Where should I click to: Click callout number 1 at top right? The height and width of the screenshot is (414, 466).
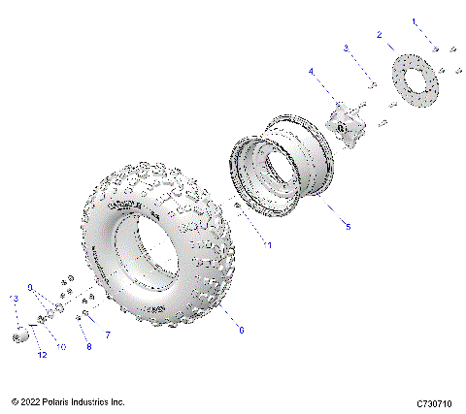pyautogui.click(x=413, y=20)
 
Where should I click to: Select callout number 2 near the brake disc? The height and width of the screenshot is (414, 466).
pyautogui.click(x=379, y=35)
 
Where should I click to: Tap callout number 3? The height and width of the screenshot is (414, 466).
pyautogui.click(x=345, y=48)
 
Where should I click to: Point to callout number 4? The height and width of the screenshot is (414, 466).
pyautogui.click(x=312, y=71)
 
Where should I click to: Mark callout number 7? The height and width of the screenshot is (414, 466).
pyautogui.click(x=108, y=334)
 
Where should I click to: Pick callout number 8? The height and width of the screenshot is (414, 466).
pyautogui.click(x=88, y=344)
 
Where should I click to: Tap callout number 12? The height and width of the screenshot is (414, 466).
pyautogui.click(x=42, y=356)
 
